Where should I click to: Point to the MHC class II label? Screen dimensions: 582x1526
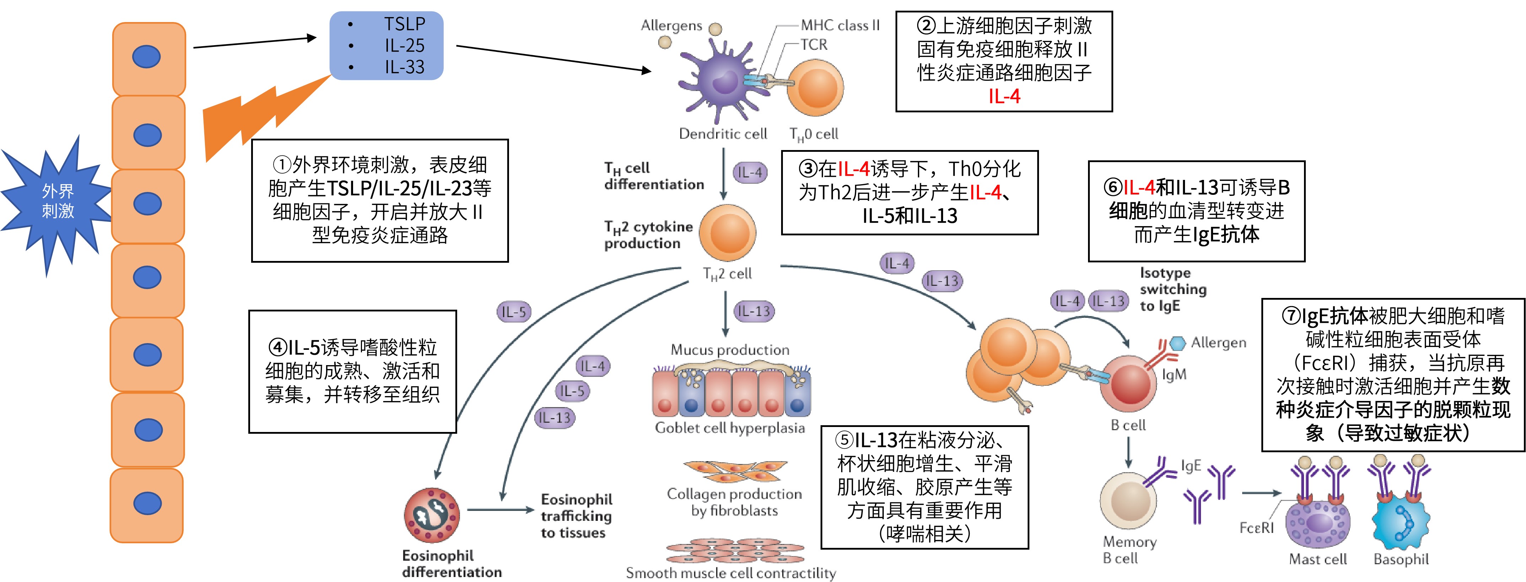(x=840, y=26)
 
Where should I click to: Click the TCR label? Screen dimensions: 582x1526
(x=814, y=44)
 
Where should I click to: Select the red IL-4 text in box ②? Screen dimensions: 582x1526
(x=1004, y=96)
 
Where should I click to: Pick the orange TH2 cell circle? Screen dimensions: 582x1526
(x=727, y=233)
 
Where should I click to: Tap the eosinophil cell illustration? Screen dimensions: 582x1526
(x=432, y=515)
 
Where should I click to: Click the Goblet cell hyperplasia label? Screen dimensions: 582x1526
(x=730, y=428)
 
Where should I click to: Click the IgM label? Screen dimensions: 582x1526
(x=1174, y=375)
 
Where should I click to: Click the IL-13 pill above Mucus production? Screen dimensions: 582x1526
(x=753, y=311)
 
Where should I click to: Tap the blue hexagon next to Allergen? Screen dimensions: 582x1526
(x=1178, y=343)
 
